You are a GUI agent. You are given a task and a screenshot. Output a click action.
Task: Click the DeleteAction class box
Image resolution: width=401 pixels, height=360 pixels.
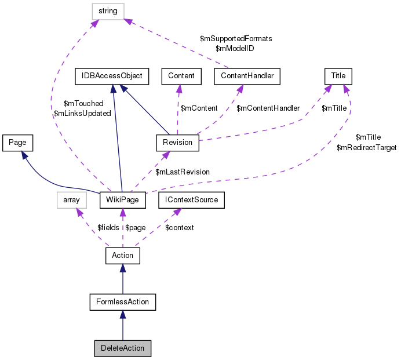coord(122,348)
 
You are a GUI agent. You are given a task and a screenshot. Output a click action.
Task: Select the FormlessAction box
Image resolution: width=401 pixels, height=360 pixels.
coord(122,301)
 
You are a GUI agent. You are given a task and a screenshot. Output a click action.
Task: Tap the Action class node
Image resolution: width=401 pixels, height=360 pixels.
coord(122,255)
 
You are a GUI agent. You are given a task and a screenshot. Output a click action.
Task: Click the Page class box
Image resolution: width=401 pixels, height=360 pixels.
coord(17,141)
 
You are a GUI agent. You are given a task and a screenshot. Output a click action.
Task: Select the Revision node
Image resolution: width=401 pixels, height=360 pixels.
coord(177,142)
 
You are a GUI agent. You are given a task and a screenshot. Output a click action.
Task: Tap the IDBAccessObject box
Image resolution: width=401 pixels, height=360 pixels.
coord(112,75)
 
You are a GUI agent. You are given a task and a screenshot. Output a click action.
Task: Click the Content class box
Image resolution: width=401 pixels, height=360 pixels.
coord(181,75)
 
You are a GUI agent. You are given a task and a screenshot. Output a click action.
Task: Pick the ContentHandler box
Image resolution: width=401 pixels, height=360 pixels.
coord(247,75)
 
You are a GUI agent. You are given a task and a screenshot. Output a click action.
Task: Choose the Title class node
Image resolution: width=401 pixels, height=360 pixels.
coord(338,75)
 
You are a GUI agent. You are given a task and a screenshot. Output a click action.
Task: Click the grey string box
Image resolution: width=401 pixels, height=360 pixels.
coord(109,10)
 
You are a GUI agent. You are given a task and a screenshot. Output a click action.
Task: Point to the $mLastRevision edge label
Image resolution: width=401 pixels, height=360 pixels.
coord(183,172)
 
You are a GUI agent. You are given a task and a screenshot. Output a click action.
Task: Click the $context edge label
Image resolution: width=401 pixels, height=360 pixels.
coord(180,228)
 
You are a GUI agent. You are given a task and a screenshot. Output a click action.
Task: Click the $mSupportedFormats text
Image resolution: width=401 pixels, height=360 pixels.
coord(236,38)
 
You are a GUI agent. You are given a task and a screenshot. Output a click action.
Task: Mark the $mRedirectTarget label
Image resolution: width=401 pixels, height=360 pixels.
coord(366,148)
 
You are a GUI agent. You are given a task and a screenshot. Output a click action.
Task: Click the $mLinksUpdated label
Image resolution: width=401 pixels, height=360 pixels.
coord(82,114)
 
